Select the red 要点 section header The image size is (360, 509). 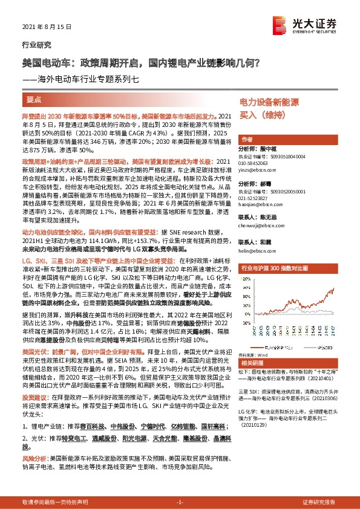(x=34, y=99)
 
